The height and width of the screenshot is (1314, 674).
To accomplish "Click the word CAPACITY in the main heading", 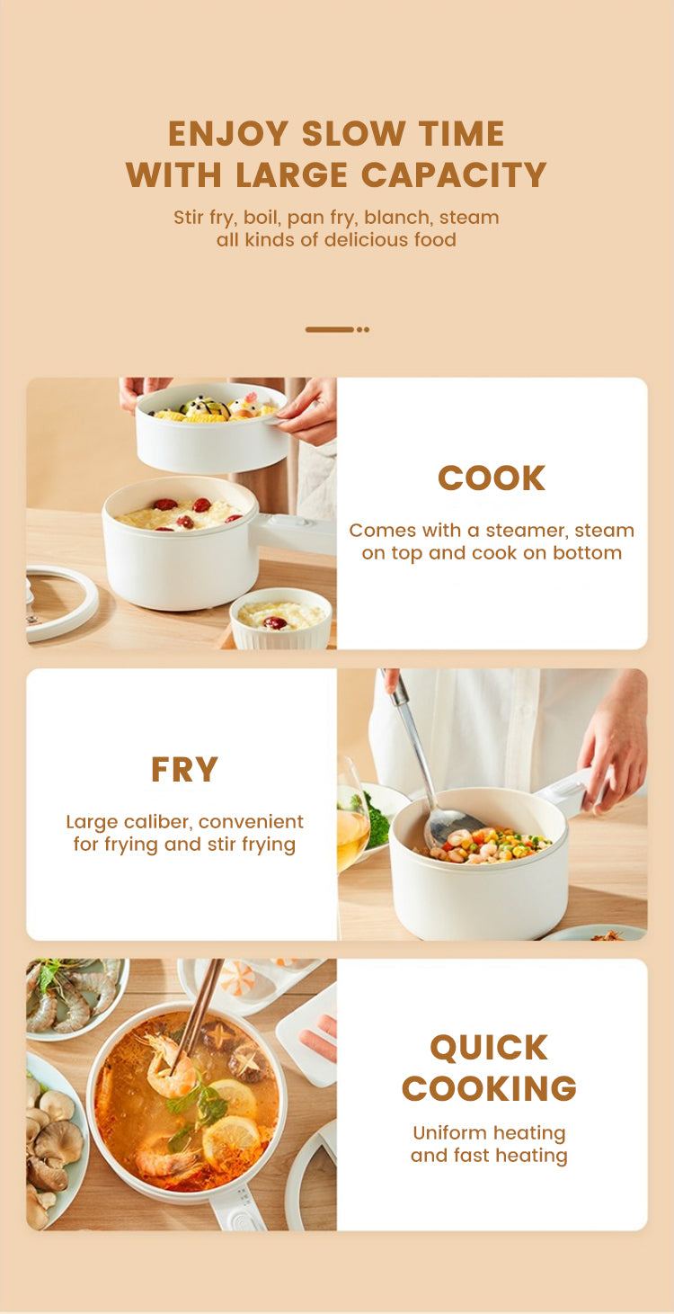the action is pos(454,174).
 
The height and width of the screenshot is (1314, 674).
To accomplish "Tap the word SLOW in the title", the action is pos(353,133).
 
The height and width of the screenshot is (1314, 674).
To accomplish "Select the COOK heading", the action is pos(492,478).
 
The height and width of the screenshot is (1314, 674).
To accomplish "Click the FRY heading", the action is pos(184,770).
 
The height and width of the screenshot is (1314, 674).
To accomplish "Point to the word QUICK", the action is pos(490,1048).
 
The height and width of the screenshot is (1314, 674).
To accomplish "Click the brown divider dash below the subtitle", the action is pos(330,330).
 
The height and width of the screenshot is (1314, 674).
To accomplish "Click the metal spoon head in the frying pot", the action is pos(454,826).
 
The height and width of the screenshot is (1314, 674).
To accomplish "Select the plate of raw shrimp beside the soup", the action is pos(77,997).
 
